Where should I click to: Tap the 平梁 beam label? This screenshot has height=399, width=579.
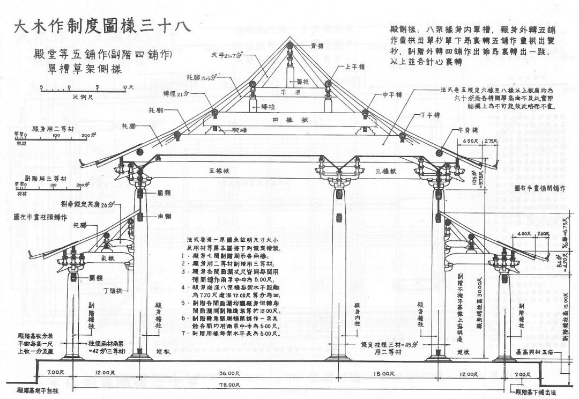click(x=289, y=91)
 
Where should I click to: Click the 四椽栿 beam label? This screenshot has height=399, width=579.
click(x=289, y=120)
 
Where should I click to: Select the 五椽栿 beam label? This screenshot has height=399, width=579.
click(x=220, y=171)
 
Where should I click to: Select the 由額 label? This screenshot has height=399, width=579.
click(x=158, y=216)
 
